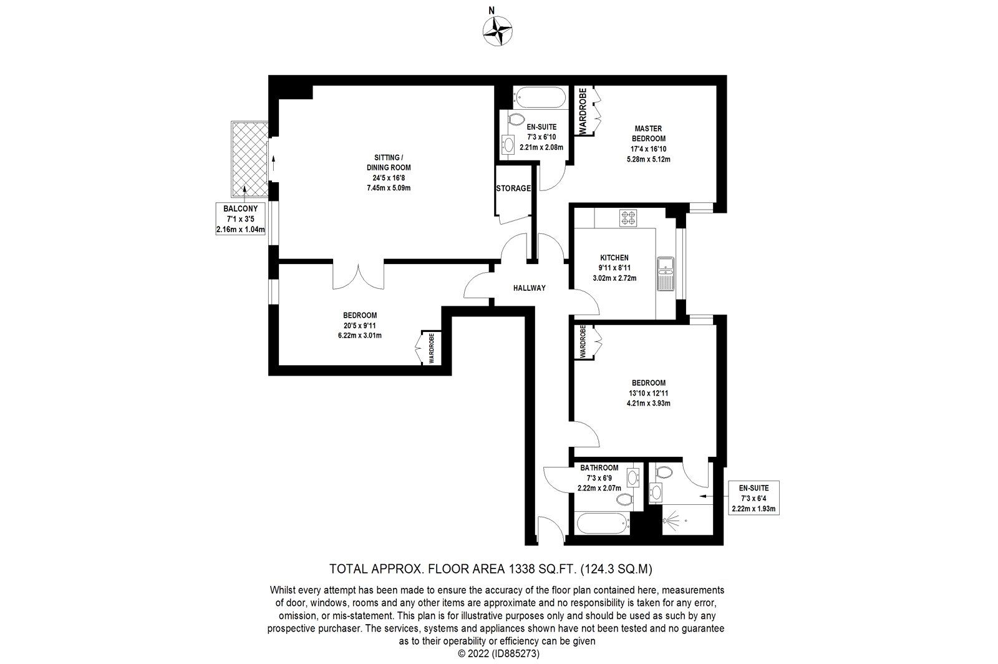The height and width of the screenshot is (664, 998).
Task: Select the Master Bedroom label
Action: point(648,144)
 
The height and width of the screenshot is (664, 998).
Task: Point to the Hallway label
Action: point(530,288)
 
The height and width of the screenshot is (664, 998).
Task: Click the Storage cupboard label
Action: point(513,188)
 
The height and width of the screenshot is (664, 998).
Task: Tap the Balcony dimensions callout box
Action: point(240,218)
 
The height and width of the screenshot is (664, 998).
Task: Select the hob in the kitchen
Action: point(627,218)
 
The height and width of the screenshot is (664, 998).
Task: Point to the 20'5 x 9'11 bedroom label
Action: point(359,325)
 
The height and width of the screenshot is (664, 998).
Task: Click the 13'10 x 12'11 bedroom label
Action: point(648,393)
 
